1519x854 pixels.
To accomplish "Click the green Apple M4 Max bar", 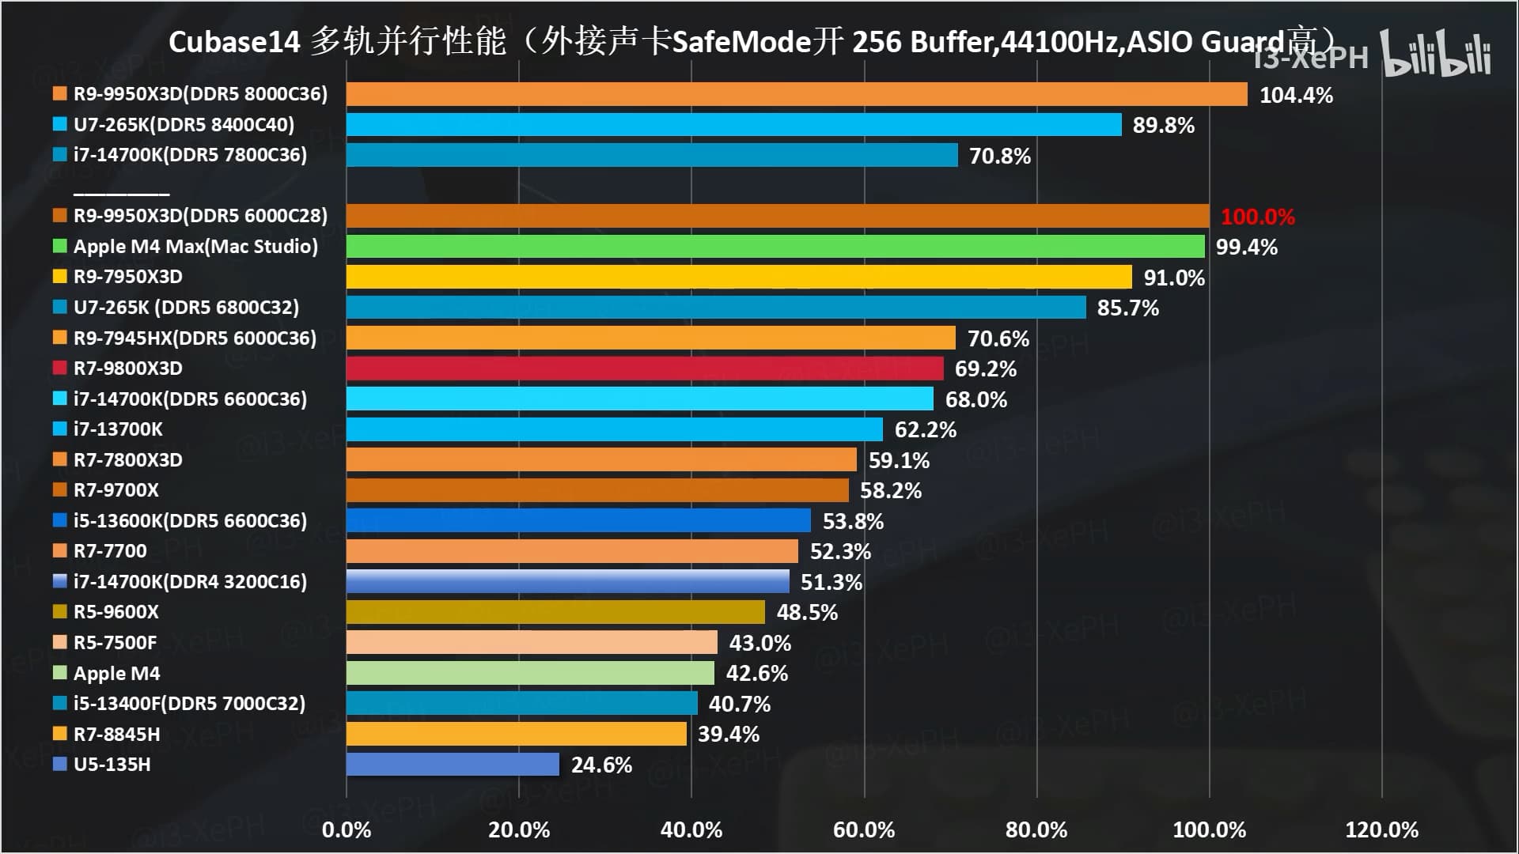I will (x=775, y=246).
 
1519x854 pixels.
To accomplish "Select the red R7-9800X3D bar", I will (x=645, y=368).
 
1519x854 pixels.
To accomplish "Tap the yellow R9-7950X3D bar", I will (x=739, y=277).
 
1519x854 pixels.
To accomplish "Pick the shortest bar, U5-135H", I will (x=453, y=765).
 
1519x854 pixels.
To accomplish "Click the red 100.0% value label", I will (x=1257, y=217).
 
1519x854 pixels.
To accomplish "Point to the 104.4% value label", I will (x=1296, y=95).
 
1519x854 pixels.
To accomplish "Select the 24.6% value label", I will (x=601, y=765).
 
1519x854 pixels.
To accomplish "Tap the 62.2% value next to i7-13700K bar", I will (x=925, y=429).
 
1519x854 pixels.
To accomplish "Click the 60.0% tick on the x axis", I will (x=864, y=829).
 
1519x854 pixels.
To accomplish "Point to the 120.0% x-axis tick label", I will (x=1381, y=829).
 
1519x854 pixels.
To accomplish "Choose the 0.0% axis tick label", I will (x=347, y=829).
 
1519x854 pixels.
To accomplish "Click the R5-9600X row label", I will (x=116, y=612).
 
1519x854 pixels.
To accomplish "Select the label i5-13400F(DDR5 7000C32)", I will (x=189, y=704).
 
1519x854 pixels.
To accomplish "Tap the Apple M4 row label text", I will (x=116, y=674).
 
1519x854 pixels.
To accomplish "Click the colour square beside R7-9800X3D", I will (x=59, y=368).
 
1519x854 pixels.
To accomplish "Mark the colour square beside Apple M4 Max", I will (x=59, y=246).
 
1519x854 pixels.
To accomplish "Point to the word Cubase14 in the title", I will (x=234, y=42).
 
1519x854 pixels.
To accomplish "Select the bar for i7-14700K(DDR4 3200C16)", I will (x=567, y=581).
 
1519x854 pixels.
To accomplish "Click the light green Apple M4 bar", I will (x=530, y=673).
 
